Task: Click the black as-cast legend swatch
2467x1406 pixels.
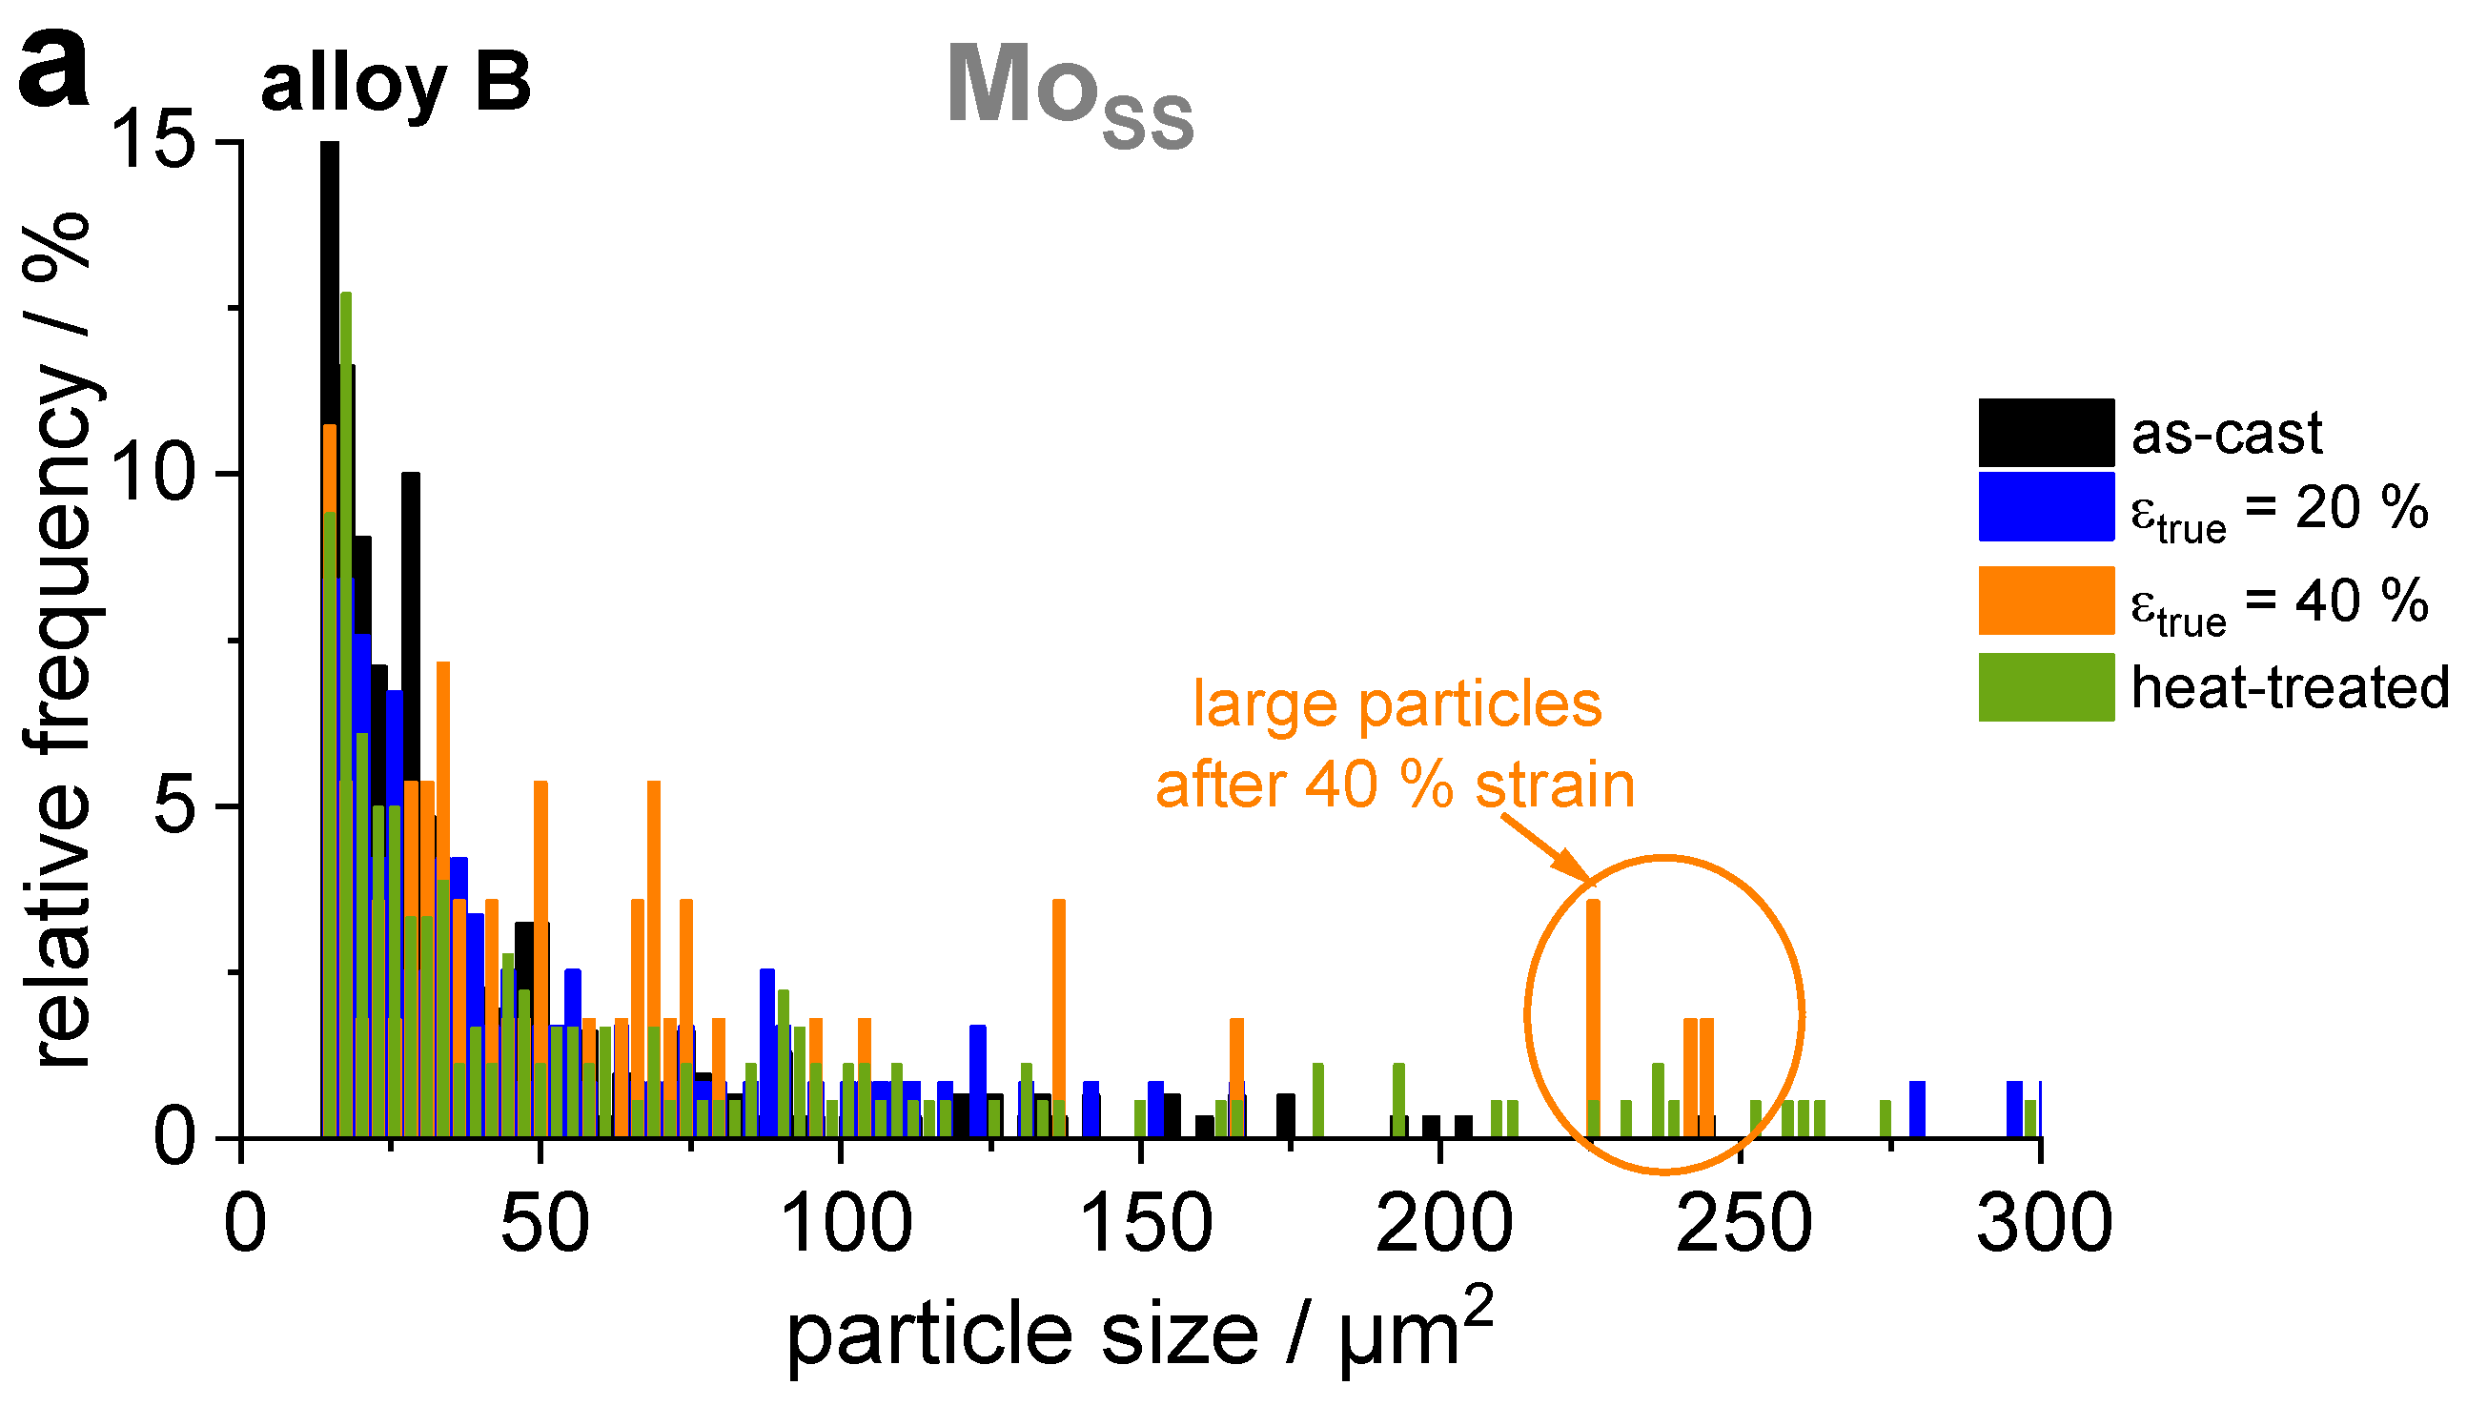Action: pos(2045,432)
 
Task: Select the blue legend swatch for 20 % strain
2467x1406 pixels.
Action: pos(2045,506)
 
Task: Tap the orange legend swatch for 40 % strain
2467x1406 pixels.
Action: pos(2045,600)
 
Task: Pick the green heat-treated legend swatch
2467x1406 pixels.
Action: pos(2045,686)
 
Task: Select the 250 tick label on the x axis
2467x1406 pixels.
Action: pos(1743,1225)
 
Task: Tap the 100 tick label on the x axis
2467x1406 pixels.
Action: pos(844,1225)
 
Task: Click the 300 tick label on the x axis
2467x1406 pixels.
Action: pos(2043,1225)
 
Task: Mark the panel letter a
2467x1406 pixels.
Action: pos(53,70)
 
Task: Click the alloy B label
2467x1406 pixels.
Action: pos(396,85)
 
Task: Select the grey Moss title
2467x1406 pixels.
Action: pos(1069,94)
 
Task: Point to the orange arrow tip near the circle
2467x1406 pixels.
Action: pos(1586,880)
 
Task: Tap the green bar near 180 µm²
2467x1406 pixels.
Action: pos(1318,1101)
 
